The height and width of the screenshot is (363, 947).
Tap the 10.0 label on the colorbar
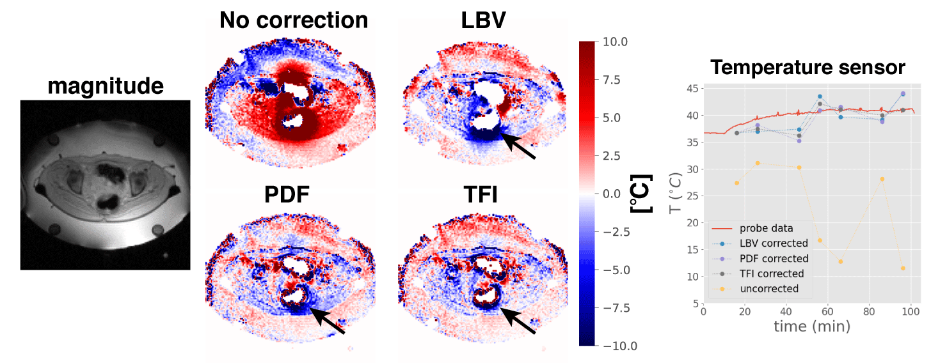point(616,42)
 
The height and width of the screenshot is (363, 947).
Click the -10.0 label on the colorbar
point(614,346)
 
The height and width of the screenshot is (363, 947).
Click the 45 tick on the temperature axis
point(691,88)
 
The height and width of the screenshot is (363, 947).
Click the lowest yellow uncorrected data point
point(903,268)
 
